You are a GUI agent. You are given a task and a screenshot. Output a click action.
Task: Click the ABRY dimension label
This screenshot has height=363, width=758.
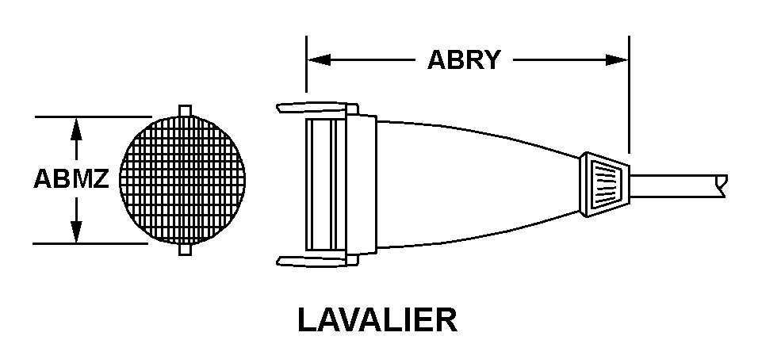point(464,60)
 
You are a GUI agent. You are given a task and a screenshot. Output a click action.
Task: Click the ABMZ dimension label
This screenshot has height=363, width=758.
point(71,179)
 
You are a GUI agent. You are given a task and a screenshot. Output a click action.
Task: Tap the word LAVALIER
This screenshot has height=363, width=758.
point(377,320)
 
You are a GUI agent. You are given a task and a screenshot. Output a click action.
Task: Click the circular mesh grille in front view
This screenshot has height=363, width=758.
point(184,180)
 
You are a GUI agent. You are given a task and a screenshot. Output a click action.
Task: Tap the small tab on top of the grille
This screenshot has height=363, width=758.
point(185,109)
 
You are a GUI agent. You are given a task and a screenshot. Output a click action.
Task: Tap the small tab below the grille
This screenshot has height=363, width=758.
point(185,250)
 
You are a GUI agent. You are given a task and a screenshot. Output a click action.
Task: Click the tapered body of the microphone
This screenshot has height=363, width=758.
point(468,182)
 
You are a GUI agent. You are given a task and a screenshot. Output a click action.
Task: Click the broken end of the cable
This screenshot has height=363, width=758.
point(720,187)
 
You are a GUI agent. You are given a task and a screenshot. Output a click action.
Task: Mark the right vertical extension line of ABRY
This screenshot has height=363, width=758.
point(629,95)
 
